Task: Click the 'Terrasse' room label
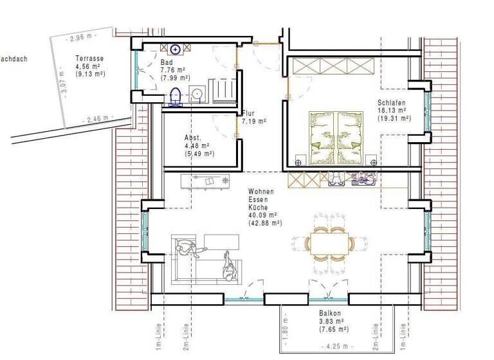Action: click(89, 58)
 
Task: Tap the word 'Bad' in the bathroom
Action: click(166, 62)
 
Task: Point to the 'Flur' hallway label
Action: click(248, 113)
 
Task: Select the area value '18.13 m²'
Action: click(394, 110)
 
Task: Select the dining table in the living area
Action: click(329, 243)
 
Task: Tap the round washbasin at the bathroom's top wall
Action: click(174, 49)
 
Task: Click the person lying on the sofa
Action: click(228, 265)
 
